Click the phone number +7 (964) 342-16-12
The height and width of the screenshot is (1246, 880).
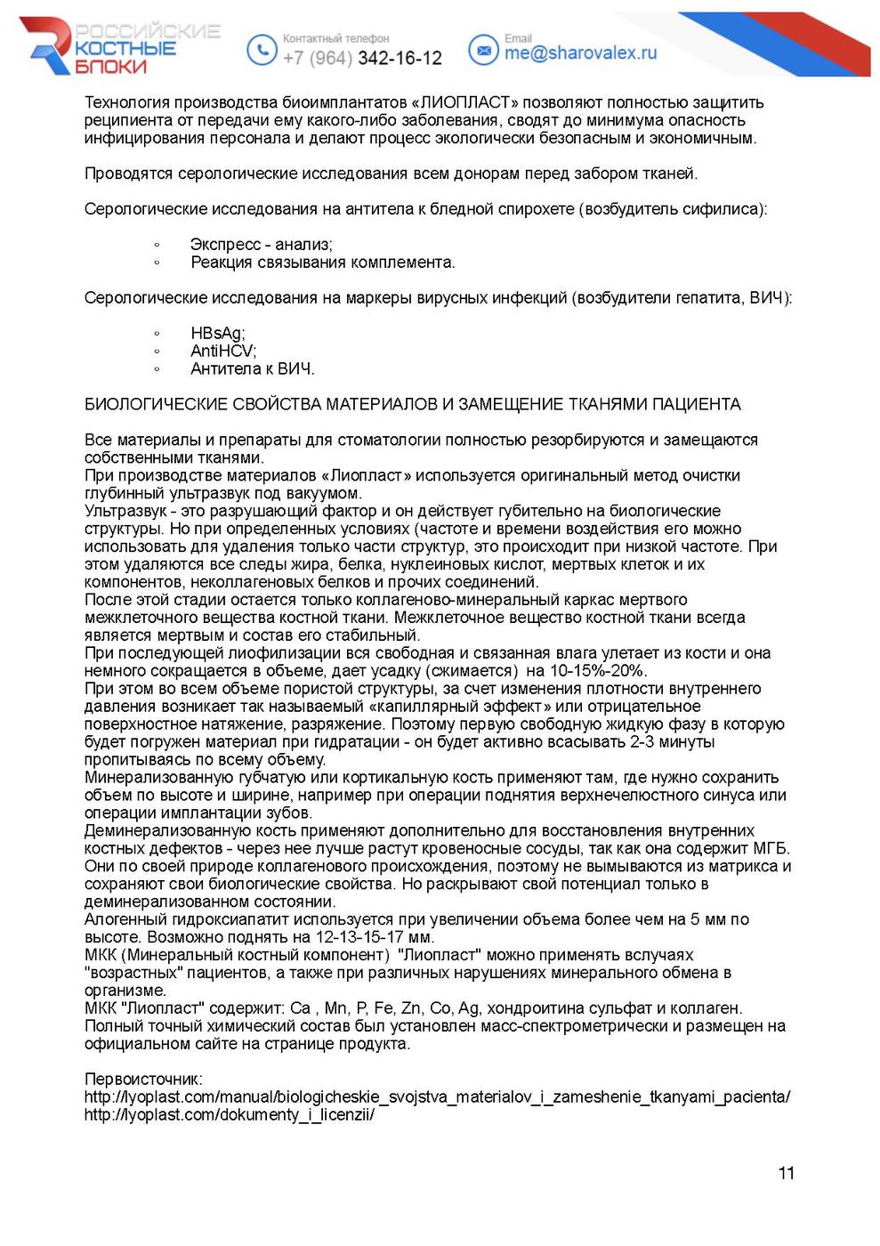(x=362, y=58)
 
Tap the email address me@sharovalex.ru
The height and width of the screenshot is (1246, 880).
(x=580, y=53)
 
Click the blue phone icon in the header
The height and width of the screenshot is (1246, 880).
(x=261, y=49)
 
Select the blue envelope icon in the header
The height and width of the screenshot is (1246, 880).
(x=483, y=50)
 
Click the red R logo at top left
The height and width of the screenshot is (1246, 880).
(x=49, y=47)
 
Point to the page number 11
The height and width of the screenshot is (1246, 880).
(x=786, y=1173)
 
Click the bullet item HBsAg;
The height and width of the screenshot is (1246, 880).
(x=217, y=334)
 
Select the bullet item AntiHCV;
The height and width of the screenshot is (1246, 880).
(x=222, y=352)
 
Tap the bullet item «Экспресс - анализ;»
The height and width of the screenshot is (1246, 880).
(x=261, y=245)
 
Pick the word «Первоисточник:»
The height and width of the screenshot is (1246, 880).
(x=143, y=1080)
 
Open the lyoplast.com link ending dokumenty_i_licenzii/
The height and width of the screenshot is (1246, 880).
(x=229, y=1115)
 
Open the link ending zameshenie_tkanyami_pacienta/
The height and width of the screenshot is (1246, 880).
(x=437, y=1097)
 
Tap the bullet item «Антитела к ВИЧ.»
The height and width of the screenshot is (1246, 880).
(x=252, y=369)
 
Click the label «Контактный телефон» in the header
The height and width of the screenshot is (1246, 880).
(x=335, y=39)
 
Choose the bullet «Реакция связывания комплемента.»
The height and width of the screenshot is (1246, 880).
(x=322, y=263)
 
